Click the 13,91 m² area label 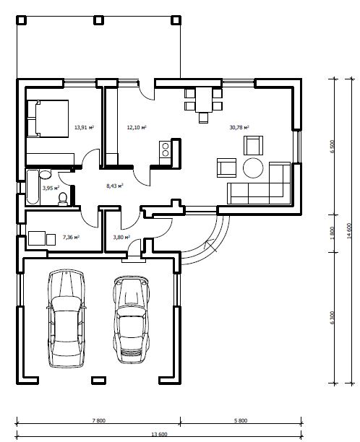click(84, 127)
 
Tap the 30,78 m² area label click(239, 127)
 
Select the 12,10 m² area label click(137, 127)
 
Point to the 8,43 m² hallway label click(115, 186)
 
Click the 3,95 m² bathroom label click(51, 188)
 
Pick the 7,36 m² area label click(71, 237)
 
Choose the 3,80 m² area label click(121, 238)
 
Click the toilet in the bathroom click(63, 199)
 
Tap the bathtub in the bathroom click(33, 186)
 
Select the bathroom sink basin click(45, 174)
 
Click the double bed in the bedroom click(48, 118)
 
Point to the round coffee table click(253, 168)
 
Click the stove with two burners click(165, 149)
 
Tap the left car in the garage click(67, 318)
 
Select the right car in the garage click(132, 319)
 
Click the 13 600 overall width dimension click(160, 434)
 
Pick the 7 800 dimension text click(99, 420)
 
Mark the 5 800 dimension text click(241, 420)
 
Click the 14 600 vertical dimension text click(349, 231)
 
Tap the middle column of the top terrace click(98, 20)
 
